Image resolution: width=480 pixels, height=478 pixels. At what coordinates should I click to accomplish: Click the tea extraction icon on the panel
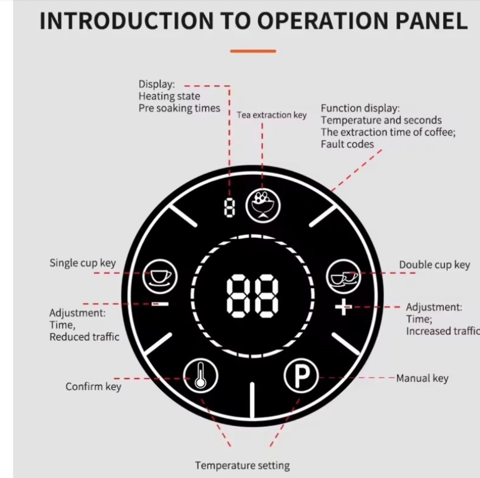pos(263,206)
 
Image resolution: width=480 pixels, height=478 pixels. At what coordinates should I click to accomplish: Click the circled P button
pos(301,377)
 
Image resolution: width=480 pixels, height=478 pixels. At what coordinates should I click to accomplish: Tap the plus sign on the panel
pos(343,308)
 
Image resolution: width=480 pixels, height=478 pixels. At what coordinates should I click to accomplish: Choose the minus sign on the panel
pos(160,304)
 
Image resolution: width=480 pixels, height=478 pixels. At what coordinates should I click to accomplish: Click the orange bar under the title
pos(253,51)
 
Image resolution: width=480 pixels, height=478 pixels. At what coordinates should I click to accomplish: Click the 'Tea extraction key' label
pos(272,115)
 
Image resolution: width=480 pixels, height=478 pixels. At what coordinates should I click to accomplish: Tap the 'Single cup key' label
pos(83,263)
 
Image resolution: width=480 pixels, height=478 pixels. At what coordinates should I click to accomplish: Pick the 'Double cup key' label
pos(434,265)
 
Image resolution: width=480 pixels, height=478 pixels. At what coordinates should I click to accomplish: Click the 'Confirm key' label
pos(93,386)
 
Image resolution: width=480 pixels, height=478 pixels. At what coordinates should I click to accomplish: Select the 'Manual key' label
pos(422,378)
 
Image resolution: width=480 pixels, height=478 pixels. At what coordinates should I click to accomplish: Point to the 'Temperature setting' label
pos(242,465)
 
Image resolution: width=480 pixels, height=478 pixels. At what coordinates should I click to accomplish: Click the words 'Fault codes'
pos(347,144)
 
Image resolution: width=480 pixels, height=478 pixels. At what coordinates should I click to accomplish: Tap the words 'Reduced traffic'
pos(84,337)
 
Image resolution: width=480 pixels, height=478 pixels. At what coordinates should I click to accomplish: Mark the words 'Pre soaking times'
pos(179,108)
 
